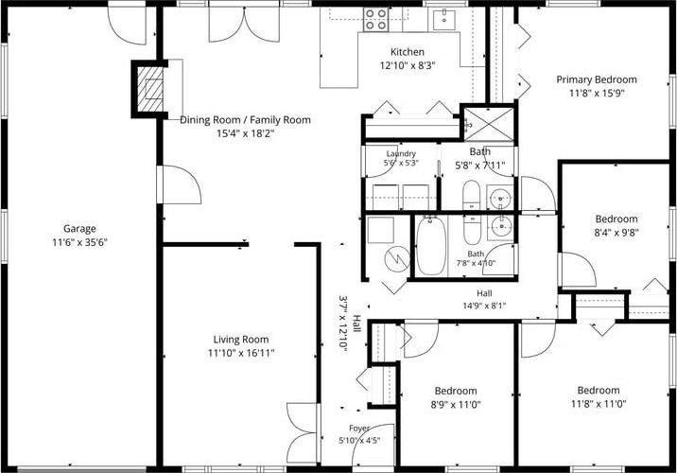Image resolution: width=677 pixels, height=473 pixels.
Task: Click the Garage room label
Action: (79, 229)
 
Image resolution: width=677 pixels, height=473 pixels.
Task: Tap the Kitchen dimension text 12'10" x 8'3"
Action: (408, 65)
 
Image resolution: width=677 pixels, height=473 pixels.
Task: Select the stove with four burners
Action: (374, 20)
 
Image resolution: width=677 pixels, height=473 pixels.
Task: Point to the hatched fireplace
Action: (149, 90)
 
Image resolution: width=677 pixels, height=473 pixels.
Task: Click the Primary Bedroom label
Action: (597, 79)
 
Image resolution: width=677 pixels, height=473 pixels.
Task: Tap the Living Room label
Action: (241, 339)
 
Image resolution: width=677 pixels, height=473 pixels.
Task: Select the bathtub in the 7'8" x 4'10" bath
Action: (431, 246)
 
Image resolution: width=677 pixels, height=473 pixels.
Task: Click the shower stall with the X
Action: (489, 124)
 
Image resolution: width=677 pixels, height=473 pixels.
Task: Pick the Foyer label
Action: (359, 429)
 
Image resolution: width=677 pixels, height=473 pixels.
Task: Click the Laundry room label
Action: (401, 153)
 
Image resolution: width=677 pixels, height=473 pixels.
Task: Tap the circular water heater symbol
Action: (397, 259)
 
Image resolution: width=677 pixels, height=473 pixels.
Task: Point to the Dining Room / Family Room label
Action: (245, 119)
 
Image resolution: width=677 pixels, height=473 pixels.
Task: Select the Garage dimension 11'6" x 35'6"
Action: (79, 242)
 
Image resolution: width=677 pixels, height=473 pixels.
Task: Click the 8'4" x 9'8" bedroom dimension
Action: (616, 233)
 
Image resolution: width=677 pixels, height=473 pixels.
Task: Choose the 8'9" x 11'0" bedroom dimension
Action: (456, 404)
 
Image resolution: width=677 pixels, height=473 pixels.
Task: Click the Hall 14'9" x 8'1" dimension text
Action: (484, 306)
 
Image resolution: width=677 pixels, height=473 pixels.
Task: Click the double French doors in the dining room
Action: (244, 25)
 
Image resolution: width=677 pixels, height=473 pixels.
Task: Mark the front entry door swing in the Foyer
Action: (373, 445)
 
